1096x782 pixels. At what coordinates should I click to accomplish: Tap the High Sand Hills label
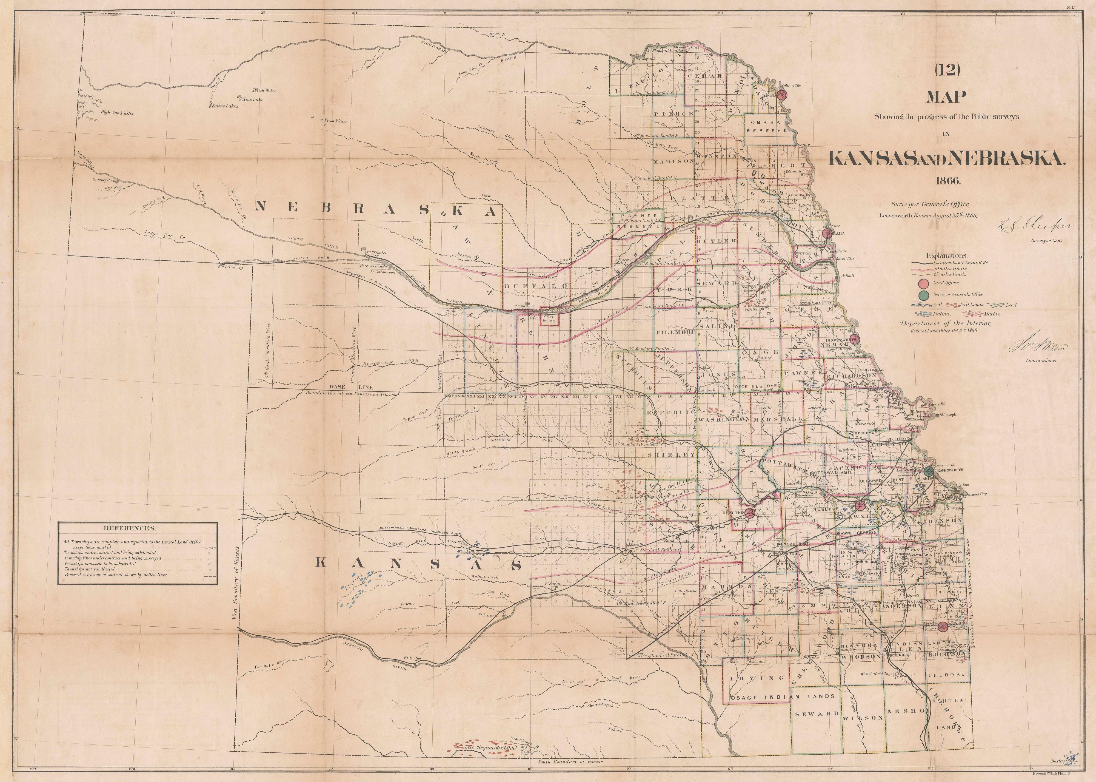tap(117, 114)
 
